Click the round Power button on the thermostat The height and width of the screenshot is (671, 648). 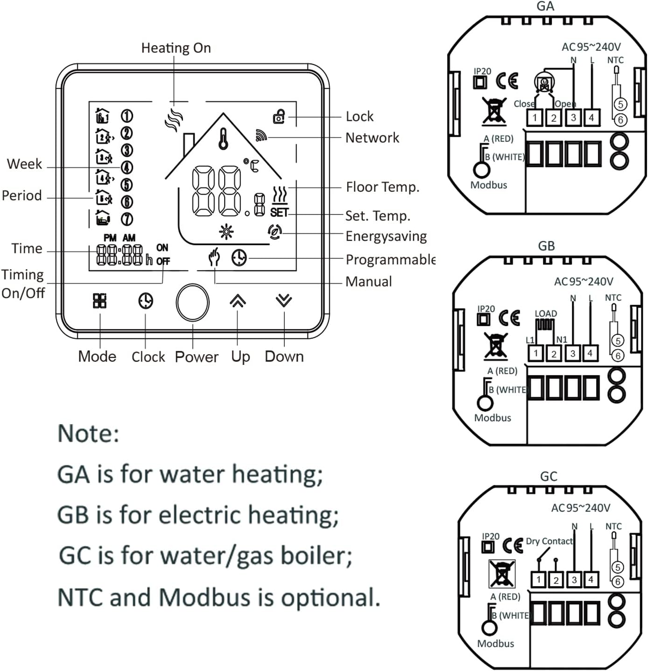coord(192,302)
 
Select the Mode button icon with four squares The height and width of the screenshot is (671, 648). coord(99,301)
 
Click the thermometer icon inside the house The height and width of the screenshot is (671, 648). coord(224,139)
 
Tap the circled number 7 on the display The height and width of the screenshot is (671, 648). coord(127,219)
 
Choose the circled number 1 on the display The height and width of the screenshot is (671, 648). coord(127,116)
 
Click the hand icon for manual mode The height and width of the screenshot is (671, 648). coord(214,257)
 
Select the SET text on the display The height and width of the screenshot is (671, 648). coord(279,212)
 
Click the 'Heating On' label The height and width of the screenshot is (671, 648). coord(176,48)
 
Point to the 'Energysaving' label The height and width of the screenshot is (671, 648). coord(386,237)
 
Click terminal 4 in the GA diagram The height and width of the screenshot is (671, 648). coord(592,118)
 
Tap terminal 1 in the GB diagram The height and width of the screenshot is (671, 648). coord(536,353)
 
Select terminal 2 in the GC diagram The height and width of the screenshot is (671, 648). coord(556,580)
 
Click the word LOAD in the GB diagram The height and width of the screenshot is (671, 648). coord(546,314)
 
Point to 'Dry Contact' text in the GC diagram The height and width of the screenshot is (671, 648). coord(549,541)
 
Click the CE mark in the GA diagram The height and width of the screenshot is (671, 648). coord(507,81)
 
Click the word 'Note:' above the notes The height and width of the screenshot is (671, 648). coord(88,433)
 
